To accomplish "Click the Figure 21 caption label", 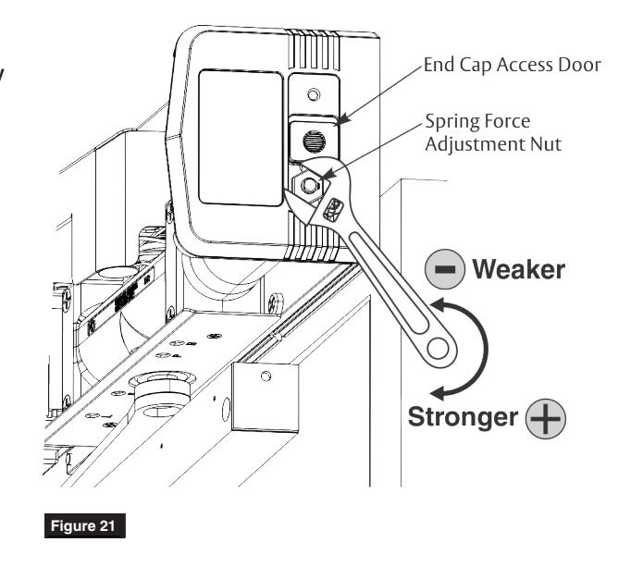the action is click(x=85, y=525).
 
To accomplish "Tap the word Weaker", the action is click(x=519, y=269).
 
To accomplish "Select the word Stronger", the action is click(x=463, y=417).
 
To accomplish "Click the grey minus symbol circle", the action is click(x=445, y=269).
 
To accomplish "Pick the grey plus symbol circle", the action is click(x=546, y=419).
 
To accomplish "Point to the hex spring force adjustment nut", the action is click(x=307, y=185).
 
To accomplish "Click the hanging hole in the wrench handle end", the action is click(x=438, y=349).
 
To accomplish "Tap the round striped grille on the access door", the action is click(x=314, y=142).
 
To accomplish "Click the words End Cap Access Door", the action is click(x=513, y=65).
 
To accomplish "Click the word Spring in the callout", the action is click(x=451, y=122).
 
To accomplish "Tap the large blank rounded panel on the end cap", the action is click(x=241, y=137).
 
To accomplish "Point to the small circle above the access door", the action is click(x=314, y=94).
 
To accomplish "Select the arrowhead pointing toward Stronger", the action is click(x=438, y=393).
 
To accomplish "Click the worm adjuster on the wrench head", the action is click(x=332, y=210).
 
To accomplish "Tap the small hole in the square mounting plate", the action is click(x=266, y=376).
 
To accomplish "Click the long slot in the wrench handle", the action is click(x=390, y=282).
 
